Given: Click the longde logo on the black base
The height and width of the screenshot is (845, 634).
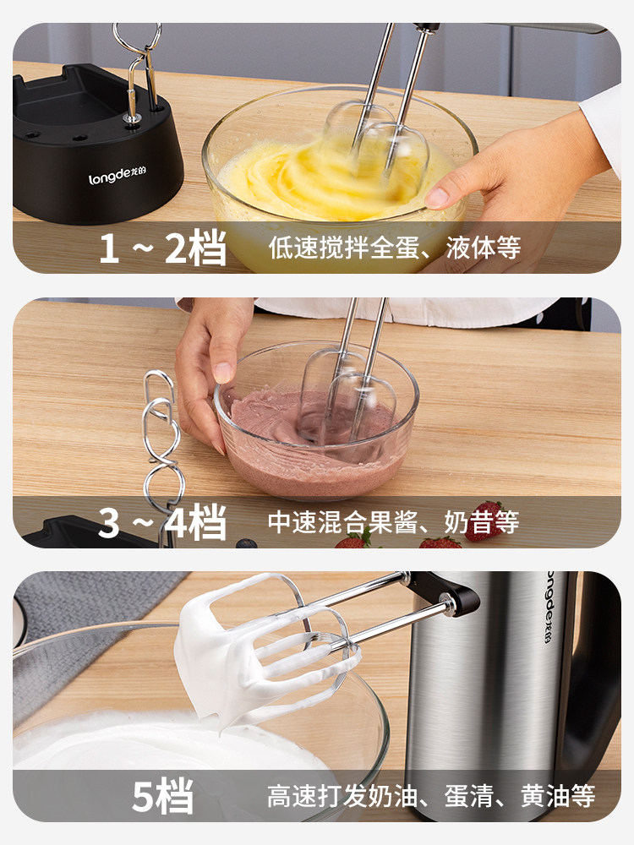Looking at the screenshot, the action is [x=117, y=176].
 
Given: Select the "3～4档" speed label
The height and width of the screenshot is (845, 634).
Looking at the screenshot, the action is [x=162, y=521].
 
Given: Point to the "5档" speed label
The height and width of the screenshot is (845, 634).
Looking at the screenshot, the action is [x=163, y=796].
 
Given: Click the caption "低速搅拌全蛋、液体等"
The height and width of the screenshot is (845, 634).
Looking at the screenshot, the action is [x=395, y=248].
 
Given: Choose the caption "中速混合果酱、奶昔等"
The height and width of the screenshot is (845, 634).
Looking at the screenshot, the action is [x=394, y=521].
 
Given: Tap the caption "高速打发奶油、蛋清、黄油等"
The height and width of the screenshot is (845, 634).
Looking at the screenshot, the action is [x=431, y=796].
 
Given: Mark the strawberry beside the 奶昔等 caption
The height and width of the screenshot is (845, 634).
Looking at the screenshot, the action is [x=484, y=521].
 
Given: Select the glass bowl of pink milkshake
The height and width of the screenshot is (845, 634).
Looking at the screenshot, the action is [x=316, y=420].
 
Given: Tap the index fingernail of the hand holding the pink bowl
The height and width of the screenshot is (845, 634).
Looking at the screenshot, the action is [x=222, y=373].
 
